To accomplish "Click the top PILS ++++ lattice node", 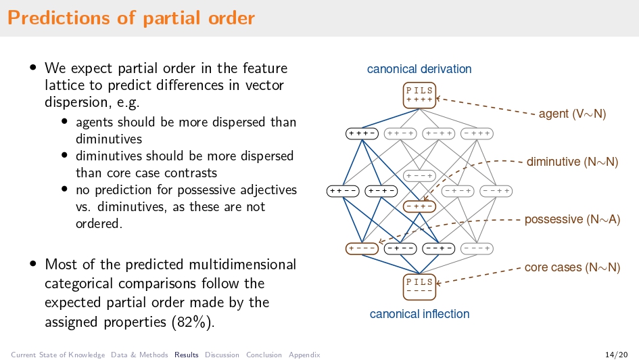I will click(419, 95).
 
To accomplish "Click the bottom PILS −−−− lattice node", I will click(419, 286).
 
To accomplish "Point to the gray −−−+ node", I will click(477, 248).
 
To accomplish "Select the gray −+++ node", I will click(477, 133).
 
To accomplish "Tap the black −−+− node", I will click(439, 248).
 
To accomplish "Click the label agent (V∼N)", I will click(572, 114).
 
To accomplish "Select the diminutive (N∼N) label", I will click(572, 162).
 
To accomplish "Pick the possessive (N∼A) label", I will click(572, 219).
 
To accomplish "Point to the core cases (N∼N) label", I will click(572, 267).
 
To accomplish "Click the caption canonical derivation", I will click(419, 69).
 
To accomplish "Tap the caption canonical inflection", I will click(419, 314).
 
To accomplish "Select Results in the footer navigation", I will click(187, 355).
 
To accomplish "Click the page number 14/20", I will click(615, 355).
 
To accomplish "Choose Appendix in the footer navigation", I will click(304, 355).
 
